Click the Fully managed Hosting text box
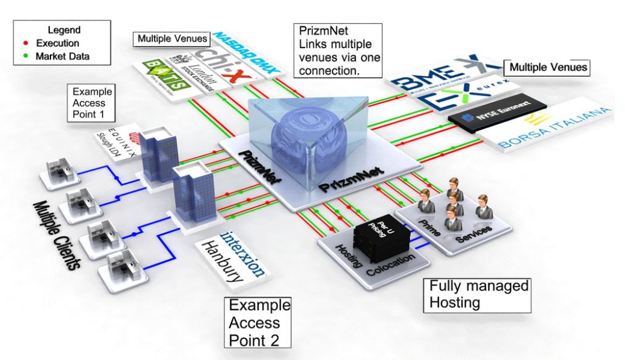click(477, 294)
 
